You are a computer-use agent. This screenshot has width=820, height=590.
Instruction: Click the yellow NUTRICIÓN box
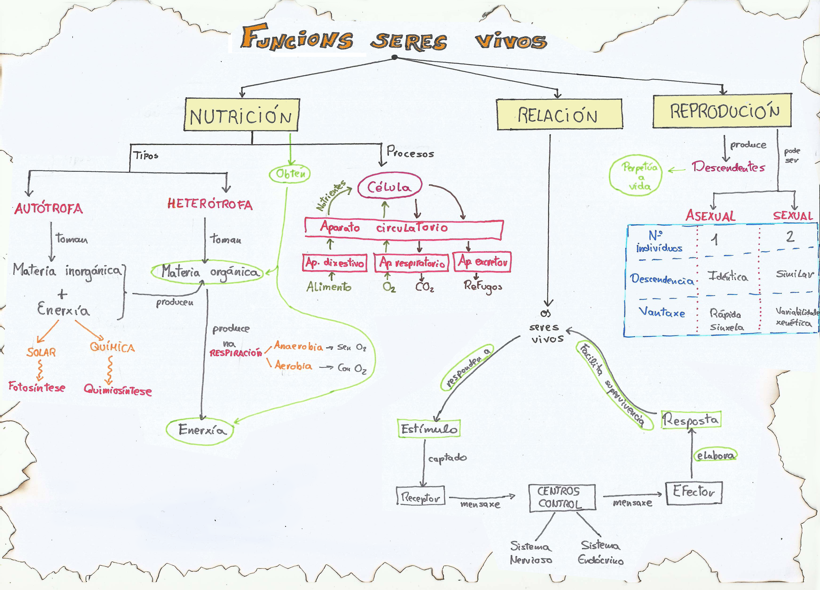click(x=241, y=115)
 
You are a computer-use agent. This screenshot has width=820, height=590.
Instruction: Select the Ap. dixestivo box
click(x=334, y=262)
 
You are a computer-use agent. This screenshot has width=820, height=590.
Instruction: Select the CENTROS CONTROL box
click(x=562, y=497)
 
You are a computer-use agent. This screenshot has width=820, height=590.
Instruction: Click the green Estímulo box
click(x=429, y=429)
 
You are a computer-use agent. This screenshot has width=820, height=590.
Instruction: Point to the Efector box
click(x=694, y=492)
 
